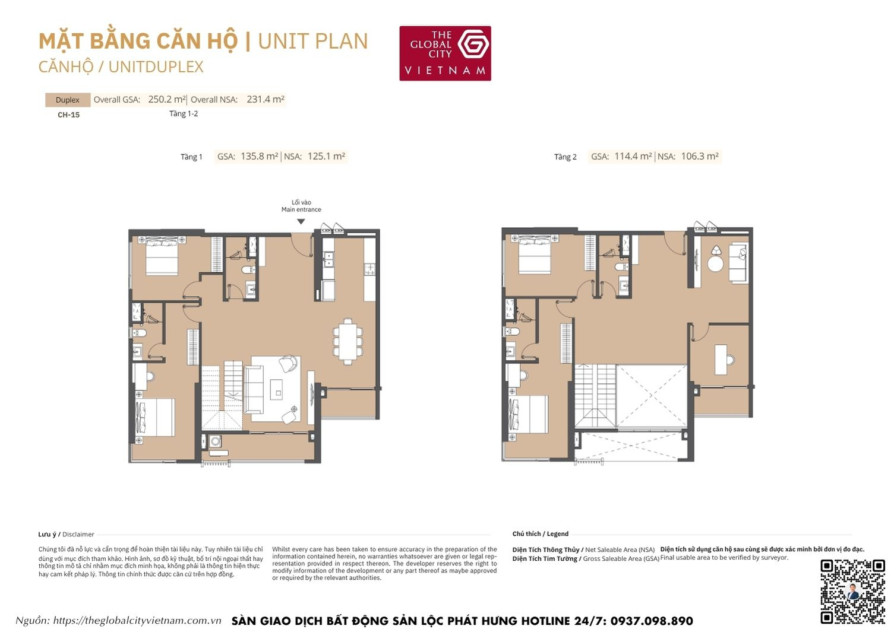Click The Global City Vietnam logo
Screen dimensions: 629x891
(x=445, y=53)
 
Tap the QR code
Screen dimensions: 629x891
(x=852, y=591)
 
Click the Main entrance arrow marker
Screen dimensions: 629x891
(x=301, y=221)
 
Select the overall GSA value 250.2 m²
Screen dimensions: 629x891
(x=167, y=100)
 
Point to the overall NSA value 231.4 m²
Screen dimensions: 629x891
(x=266, y=100)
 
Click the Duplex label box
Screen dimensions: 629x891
(x=68, y=100)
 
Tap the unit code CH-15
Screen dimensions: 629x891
(x=68, y=115)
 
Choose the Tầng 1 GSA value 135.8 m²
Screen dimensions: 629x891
(x=260, y=157)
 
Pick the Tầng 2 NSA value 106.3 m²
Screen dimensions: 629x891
(x=700, y=157)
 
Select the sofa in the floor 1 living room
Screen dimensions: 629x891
(x=254, y=389)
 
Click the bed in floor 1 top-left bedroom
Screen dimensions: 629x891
(x=162, y=256)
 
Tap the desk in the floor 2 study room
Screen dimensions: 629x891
(x=721, y=360)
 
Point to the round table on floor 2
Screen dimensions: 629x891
(x=716, y=263)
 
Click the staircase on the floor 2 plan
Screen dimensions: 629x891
(x=595, y=395)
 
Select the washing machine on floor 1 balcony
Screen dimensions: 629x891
(x=215, y=441)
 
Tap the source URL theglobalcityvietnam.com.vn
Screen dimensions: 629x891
(x=137, y=621)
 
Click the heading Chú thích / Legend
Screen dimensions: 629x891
(x=540, y=534)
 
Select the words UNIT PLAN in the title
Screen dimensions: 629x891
(x=313, y=42)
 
